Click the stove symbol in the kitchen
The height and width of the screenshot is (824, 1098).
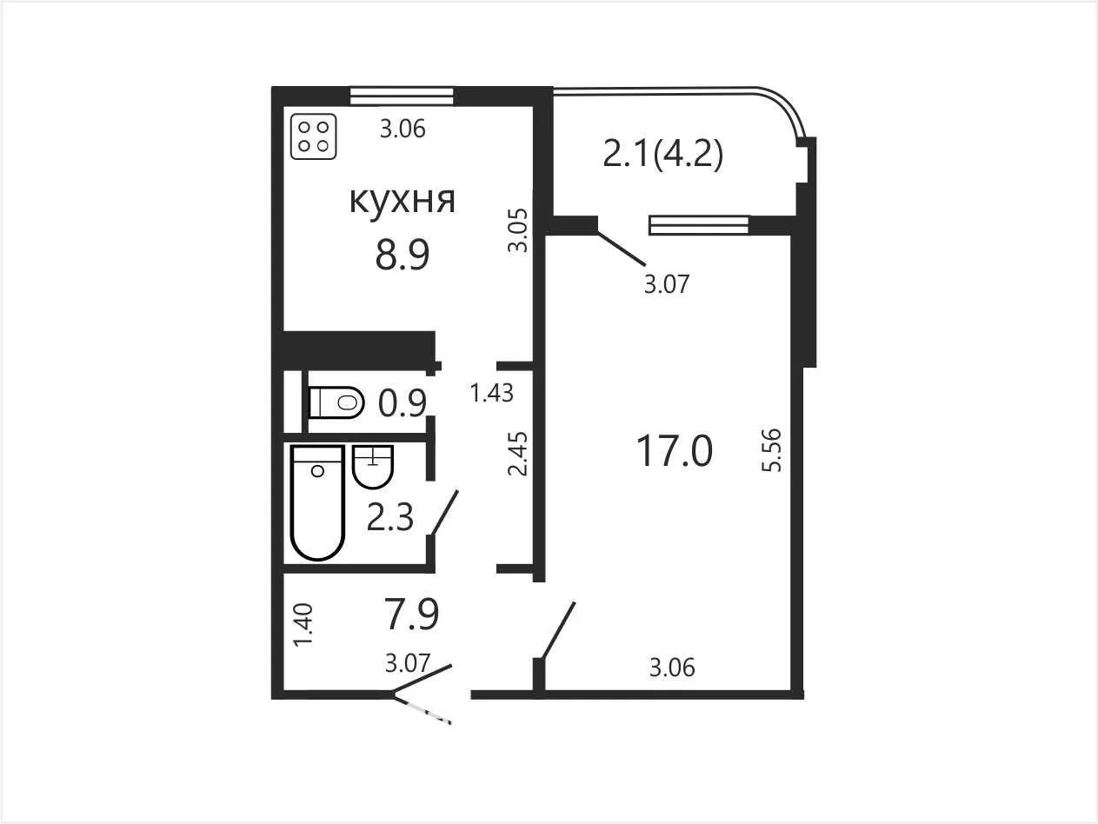pyautogui.click(x=314, y=137)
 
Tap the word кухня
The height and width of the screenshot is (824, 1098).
pyautogui.click(x=403, y=201)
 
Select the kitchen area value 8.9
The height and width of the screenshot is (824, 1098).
pyautogui.click(x=403, y=255)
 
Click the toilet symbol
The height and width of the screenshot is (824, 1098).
pyautogui.click(x=336, y=402)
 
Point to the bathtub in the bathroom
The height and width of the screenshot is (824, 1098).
pyautogui.click(x=318, y=502)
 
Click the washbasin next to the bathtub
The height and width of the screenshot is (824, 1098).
pyautogui.click(x=373, y=467)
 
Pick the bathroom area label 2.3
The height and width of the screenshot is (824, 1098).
pyautogui.click(x=390, y=517)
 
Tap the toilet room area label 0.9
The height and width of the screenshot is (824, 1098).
pyautogui.click(x=403, y=403)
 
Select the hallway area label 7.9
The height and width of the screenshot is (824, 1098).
pyautogui.click(x=412, y=614)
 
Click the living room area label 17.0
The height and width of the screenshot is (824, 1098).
pyautogui.click(x=675, y=450)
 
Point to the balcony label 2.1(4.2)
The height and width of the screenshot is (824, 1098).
pyautogui.click(x=663, y=155)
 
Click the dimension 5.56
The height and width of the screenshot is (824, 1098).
pyautogui.click(x=771, y=450)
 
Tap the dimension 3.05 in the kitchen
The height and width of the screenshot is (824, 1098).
pyautogui.click(x=518, y=230)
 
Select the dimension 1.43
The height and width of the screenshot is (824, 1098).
pyautogui.click(x=492, y=393)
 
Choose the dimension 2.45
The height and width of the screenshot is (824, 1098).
pyautogui.click(x=518, y=454)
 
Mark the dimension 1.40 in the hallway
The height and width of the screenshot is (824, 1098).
pyautogui.click(x=303, y=625)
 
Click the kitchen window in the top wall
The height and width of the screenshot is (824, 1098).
pyautogui.click(x=402, y=96)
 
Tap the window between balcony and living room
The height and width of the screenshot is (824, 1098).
pyautogui.click(x=699, y=225)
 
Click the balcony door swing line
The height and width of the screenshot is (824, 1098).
pyautogui.click(x=622, y=249)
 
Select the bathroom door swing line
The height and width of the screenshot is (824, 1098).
pyautogui.click(x=444, y=514)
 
